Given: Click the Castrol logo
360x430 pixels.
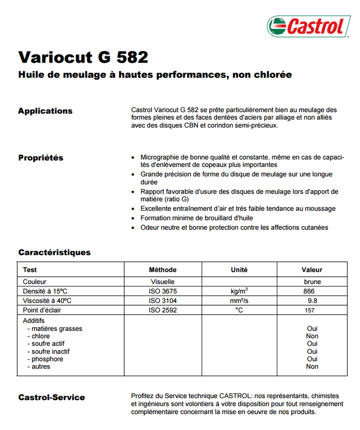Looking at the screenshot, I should (x=309, y=25).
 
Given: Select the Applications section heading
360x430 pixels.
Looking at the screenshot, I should (x=45, y=111).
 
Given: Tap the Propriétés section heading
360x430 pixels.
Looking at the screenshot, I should (x=41, y=157).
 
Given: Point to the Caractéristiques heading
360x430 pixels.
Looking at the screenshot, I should (x=54, y=252).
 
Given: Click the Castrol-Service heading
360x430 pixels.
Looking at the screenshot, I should (x=51, y=397).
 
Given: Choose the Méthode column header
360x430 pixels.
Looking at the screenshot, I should (x=163, y=270).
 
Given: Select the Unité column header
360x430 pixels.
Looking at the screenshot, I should (x=239, y=270).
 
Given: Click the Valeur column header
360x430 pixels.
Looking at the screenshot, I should (x=312, y=270).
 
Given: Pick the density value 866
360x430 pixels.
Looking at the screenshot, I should (x=308, y=291).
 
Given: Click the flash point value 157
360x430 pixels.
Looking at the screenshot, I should (x=309, y=310).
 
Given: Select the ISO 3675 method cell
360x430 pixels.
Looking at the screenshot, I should (x=162, y=291).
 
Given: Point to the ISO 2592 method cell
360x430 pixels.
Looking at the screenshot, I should (x=162, y=310).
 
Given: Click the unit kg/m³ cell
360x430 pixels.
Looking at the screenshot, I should (x=239, y=291).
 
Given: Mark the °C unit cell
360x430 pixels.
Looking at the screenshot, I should (x=239, y=310).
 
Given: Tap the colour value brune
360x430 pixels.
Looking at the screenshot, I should (x=312, y=282).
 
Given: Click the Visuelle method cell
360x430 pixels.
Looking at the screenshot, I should (x=162, y=282).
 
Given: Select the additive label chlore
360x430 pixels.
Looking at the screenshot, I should (x=41, y=336).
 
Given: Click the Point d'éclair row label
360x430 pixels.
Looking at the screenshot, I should (x=44, y=310).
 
